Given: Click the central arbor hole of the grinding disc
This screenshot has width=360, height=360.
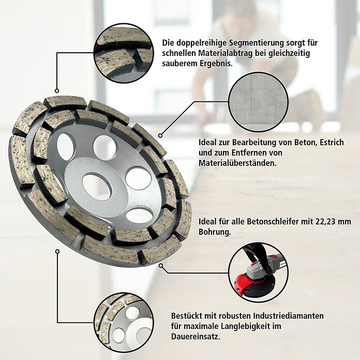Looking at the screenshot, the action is (97, 186).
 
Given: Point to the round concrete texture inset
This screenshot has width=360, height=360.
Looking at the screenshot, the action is (258, 102).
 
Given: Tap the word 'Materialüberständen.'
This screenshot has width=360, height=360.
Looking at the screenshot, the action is (237, 163).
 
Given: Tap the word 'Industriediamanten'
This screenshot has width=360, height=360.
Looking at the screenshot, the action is (289, 316).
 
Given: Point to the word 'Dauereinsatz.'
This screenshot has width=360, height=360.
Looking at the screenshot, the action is (196, 337).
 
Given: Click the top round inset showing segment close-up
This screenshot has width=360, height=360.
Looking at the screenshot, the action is (124, 53).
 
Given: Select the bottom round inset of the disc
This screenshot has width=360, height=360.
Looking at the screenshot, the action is (124, 322).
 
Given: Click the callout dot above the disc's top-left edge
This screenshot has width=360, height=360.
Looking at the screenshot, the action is (57, 91).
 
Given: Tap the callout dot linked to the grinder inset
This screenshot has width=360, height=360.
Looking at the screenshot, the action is (161, 266).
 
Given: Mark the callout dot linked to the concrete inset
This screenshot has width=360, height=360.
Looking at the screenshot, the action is (160, 136).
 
